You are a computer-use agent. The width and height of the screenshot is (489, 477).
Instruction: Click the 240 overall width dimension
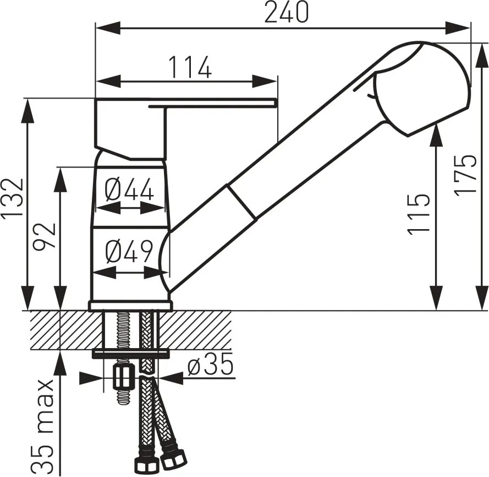286,12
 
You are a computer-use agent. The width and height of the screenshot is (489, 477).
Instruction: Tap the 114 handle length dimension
190,67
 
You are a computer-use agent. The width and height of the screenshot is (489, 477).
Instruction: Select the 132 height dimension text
12,197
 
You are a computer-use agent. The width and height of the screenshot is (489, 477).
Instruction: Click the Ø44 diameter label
129,189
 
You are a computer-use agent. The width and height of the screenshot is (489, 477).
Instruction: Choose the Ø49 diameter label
129,251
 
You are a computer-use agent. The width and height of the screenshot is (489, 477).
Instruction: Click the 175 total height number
465,175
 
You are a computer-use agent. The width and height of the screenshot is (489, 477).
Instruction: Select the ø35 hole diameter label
211,364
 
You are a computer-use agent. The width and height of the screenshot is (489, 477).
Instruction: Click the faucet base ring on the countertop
130,306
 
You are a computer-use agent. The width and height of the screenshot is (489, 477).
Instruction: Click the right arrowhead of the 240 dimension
458,28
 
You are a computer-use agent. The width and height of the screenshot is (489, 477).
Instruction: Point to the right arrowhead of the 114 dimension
265,82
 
